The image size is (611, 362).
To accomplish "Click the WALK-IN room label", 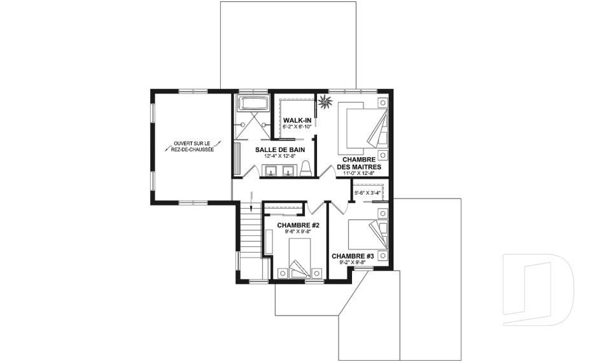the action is (x=297, y=120).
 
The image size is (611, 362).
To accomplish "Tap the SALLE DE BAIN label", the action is (x=280, y=150).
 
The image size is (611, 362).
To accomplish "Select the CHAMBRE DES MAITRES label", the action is (x=359, y=164).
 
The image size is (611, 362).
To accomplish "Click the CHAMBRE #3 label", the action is (x=353, y=256).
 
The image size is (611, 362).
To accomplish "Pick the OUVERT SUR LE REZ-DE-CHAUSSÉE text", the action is (x=192, y=146).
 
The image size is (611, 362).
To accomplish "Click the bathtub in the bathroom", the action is (x=253, y=103).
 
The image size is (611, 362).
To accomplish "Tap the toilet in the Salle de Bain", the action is (x=306, y=169).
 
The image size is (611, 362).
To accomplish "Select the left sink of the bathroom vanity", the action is (x=270, y=171).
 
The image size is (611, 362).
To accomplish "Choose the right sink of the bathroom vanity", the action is (x=288, y=171).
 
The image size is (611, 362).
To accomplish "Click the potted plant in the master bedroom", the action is (x=325, y=102).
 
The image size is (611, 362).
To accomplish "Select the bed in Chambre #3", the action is (x=369, y=234).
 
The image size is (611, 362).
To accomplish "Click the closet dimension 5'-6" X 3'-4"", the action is (x=367, y=193).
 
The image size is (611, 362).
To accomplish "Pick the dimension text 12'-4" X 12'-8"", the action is (x=280, y=157).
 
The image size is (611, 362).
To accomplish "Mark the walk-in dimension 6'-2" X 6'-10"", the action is (x=297, y=127).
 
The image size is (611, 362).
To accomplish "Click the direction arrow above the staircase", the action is (x=252, y=201).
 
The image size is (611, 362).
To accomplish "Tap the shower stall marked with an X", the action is (x=253, y=125).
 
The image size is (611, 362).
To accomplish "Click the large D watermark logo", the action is (x=538, y=289).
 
